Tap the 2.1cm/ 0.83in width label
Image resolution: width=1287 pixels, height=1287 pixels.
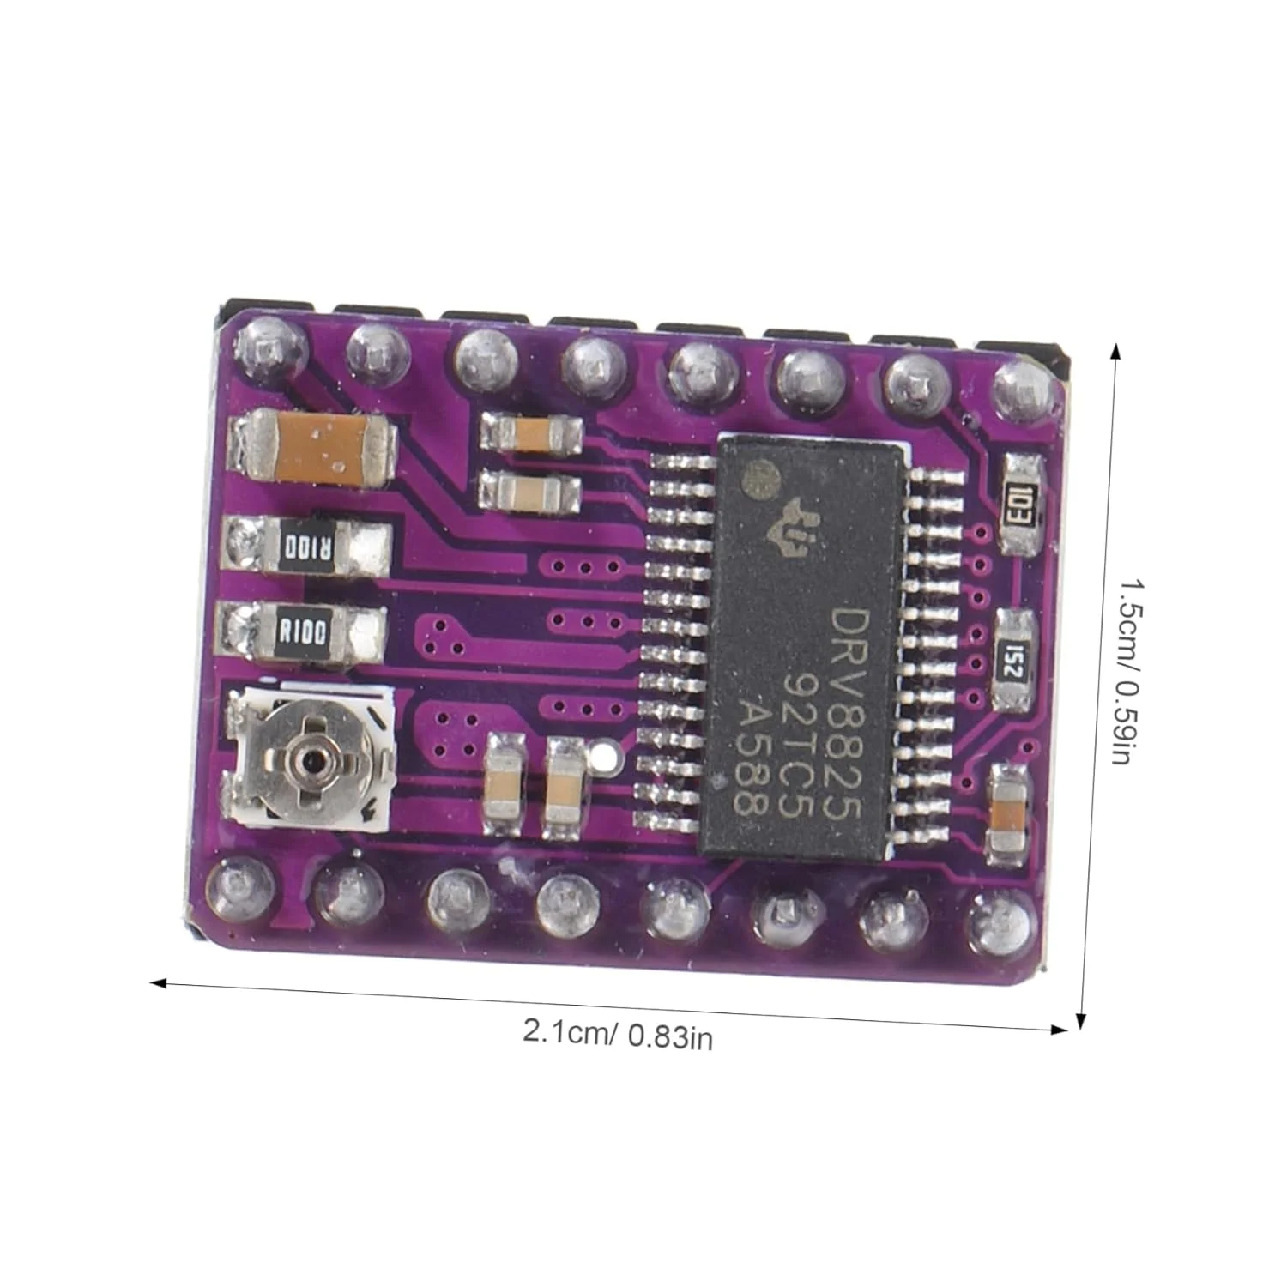pos(618,1036)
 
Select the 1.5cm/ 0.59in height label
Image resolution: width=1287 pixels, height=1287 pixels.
pos(1127,672)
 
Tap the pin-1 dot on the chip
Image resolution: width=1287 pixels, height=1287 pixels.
pos(759,477)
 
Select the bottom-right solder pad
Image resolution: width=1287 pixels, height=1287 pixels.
pos(1000,923)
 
